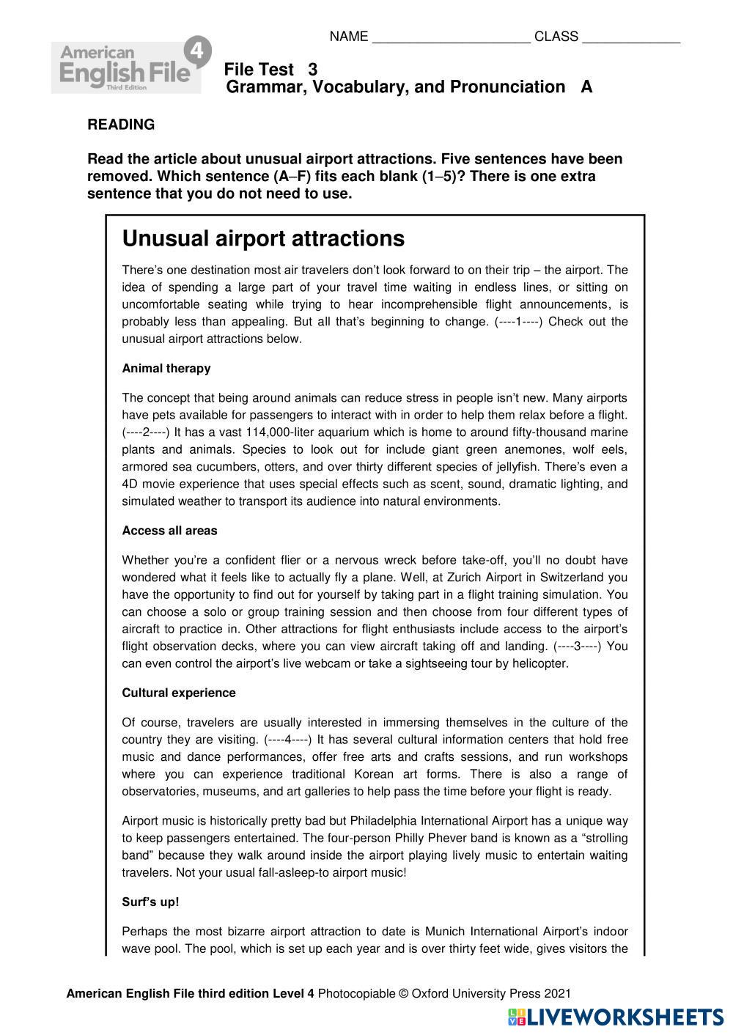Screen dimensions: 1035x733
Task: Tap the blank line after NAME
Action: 451,38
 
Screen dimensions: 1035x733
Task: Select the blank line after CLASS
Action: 630,38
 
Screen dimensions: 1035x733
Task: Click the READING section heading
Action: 121,125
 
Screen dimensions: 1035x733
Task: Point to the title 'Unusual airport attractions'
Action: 263,239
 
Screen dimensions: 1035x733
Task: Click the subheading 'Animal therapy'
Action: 166,369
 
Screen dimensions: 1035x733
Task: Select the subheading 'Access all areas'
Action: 169,531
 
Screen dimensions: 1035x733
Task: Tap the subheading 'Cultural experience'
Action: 179,693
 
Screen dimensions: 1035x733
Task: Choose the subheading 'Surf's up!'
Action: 150,902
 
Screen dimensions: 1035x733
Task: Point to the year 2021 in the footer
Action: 556,994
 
